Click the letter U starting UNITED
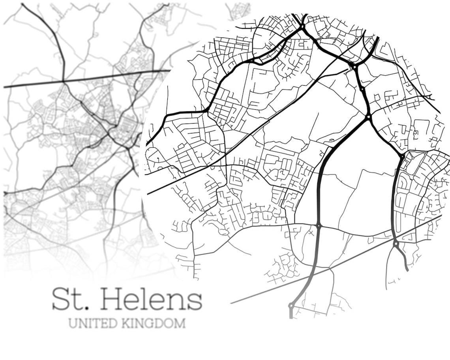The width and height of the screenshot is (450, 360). tap(73, 323)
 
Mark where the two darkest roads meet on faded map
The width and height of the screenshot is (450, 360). tap(64, 82)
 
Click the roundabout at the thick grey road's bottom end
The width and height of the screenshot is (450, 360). tap(291, 305)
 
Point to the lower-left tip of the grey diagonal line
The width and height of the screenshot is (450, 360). tap(232, 303)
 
